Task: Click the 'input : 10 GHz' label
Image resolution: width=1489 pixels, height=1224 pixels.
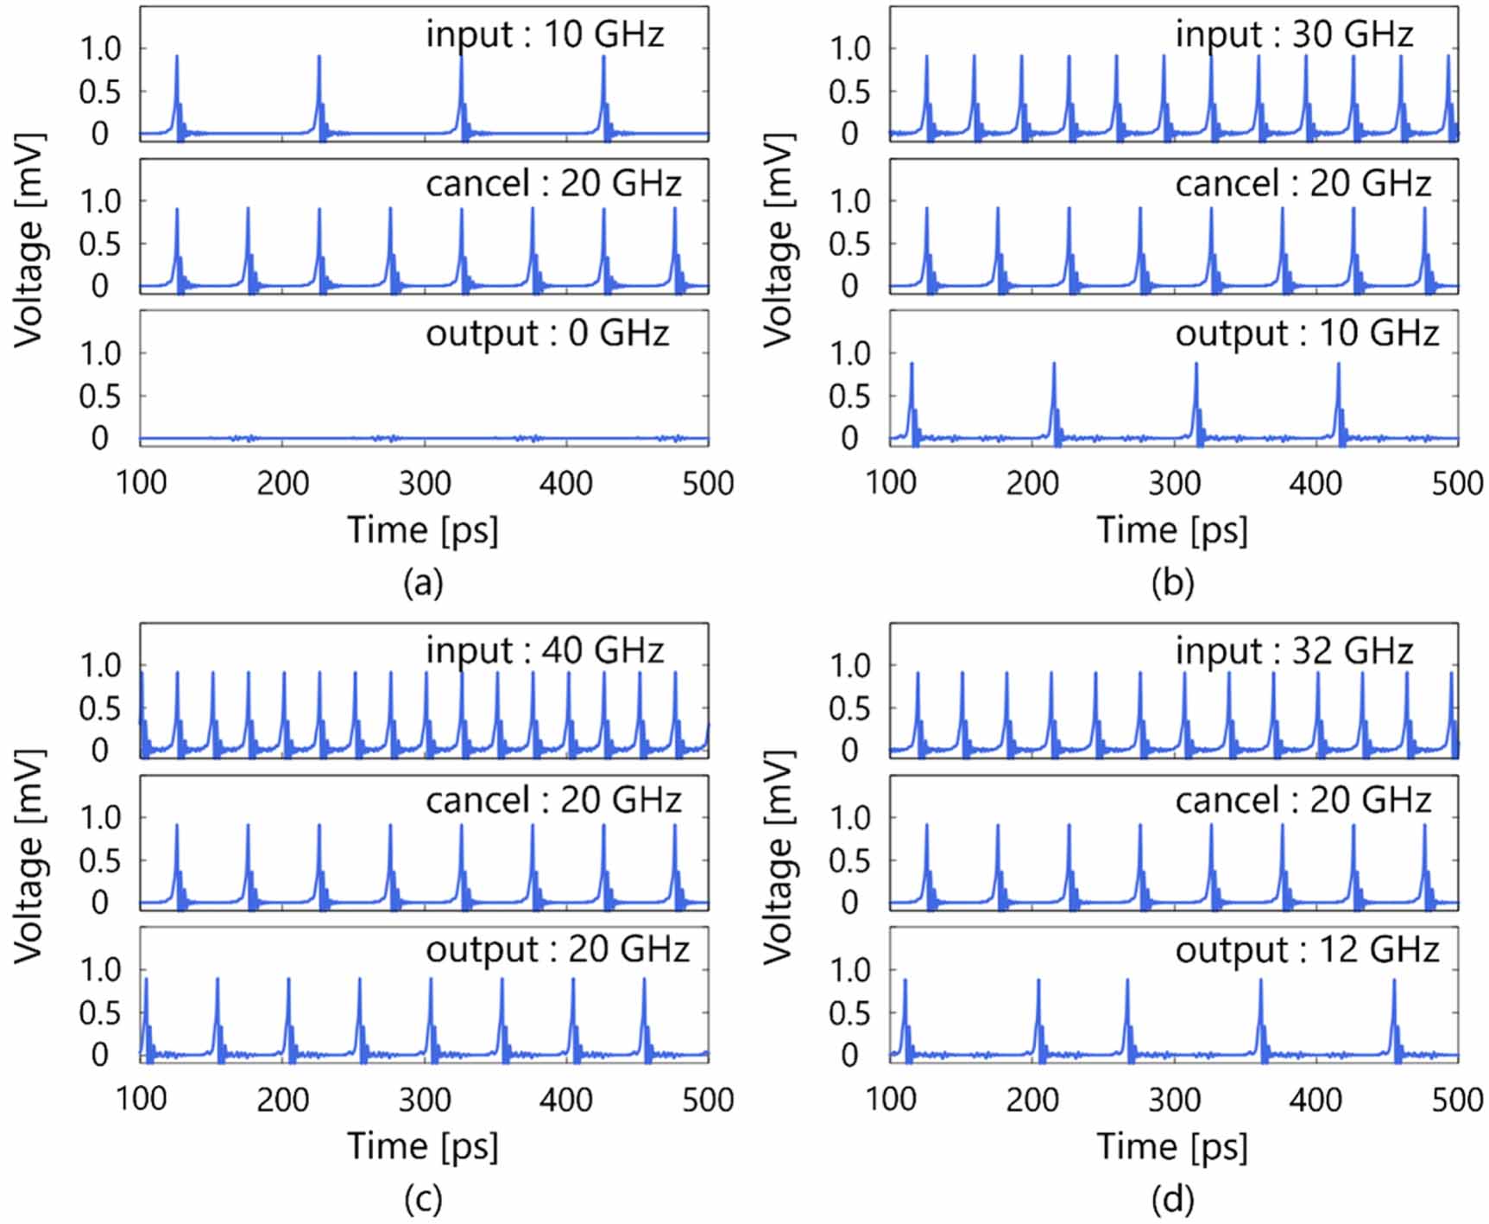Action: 545,35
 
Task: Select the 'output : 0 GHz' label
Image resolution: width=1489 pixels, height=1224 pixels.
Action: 547,333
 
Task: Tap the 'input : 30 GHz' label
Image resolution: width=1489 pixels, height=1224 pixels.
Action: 1294,35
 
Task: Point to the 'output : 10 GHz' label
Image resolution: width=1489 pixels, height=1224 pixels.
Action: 1307,333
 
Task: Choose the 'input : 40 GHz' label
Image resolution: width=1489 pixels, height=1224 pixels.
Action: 545,650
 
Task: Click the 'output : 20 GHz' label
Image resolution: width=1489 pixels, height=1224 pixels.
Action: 558,950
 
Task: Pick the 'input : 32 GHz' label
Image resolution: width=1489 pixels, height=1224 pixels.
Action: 1294,650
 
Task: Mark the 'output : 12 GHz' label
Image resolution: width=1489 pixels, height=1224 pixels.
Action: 1307,950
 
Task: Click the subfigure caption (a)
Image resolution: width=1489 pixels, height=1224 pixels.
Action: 423,584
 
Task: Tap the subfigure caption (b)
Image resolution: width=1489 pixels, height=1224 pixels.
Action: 1172,584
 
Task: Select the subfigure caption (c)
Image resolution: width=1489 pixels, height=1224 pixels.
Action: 423,1200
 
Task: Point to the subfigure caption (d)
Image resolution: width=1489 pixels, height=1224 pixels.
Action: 1172,1200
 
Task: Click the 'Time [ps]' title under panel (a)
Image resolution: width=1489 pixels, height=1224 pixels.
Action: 423,530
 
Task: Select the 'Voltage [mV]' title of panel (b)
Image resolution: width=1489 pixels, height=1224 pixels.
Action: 779,240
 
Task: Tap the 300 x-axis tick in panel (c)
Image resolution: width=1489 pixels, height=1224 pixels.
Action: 425,1100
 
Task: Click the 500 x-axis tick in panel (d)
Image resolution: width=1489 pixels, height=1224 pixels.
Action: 1457,1100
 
